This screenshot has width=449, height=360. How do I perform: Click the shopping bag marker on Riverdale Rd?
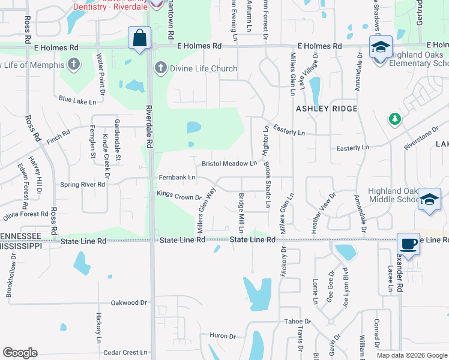(x=140, y=39)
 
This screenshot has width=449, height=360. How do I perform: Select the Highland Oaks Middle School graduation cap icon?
(x=429, y=200)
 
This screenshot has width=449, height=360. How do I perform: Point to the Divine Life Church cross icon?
(x=160, y=68)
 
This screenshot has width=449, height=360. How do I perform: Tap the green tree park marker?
(x=394, y=119)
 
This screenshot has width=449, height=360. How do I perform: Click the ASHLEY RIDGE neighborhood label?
(x=327, y=109)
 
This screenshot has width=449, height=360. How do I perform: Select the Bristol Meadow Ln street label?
(x=229, y=163)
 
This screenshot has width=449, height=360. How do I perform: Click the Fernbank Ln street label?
(x=177, y=178)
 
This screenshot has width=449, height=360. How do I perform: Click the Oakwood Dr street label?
(x=130, y=303)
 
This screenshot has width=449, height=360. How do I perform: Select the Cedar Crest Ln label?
(x=125, y=353)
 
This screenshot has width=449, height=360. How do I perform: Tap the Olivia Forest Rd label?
(x=25, y=214)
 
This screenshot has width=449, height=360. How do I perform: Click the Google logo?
(x=20, y=353)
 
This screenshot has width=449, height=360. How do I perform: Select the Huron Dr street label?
(x=222, y=335)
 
